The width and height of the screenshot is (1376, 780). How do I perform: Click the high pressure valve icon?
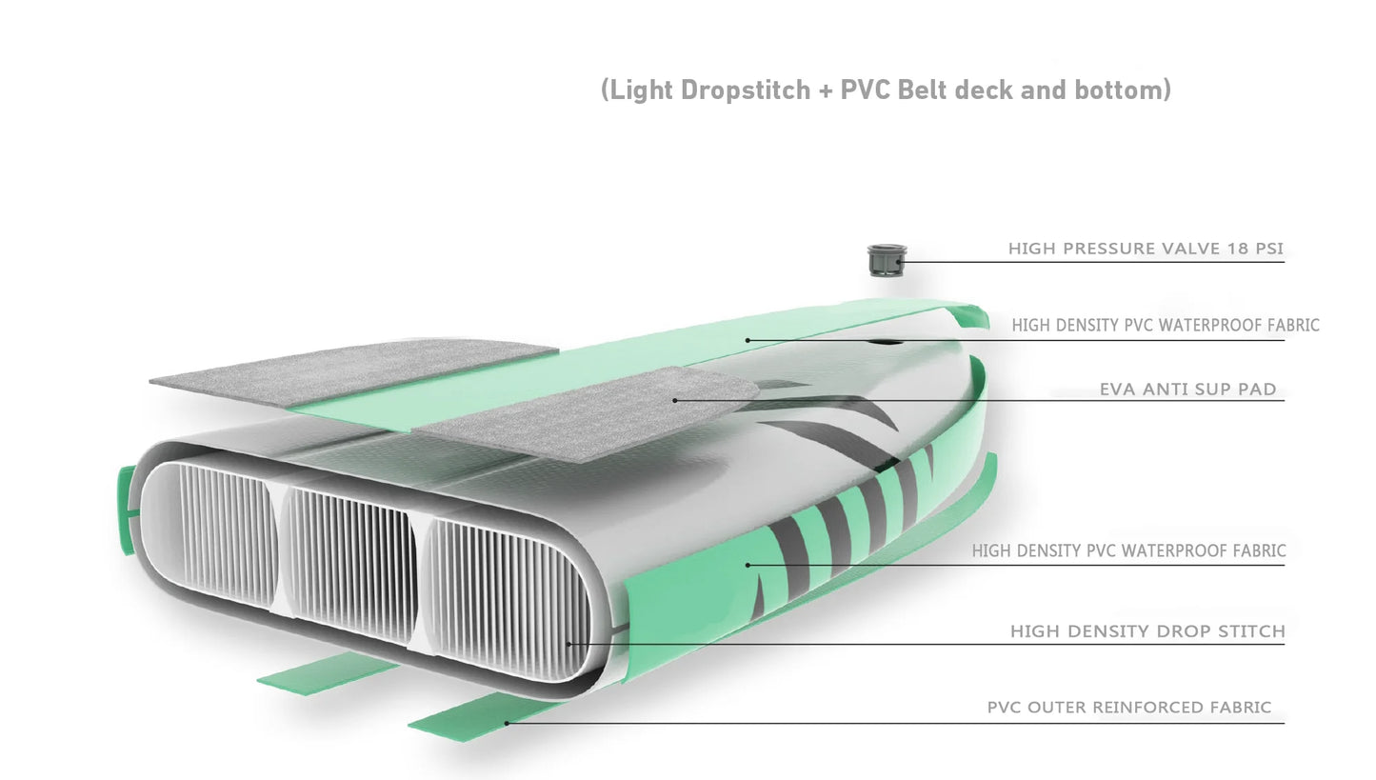pos(887,260)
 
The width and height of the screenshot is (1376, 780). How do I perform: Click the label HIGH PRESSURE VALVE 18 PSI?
pos(1146,249)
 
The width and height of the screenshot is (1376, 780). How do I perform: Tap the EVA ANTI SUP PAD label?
pos(1188,389)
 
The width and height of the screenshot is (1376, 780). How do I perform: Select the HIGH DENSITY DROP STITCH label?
pos(1147,630)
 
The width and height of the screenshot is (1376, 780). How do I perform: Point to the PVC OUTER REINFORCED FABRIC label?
pos(1129,707)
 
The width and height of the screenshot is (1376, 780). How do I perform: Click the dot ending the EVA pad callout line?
pos(674,400)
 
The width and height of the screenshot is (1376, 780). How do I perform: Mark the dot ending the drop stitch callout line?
pos(568,644)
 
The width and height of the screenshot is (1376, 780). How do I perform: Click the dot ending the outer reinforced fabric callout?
pos(507,723)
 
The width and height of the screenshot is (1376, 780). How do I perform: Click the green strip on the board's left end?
pos(127,510)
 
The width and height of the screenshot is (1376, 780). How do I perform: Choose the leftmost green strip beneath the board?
pos(329,673)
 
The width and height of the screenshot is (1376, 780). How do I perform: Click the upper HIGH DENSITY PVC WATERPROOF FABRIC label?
pos(1166,325)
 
